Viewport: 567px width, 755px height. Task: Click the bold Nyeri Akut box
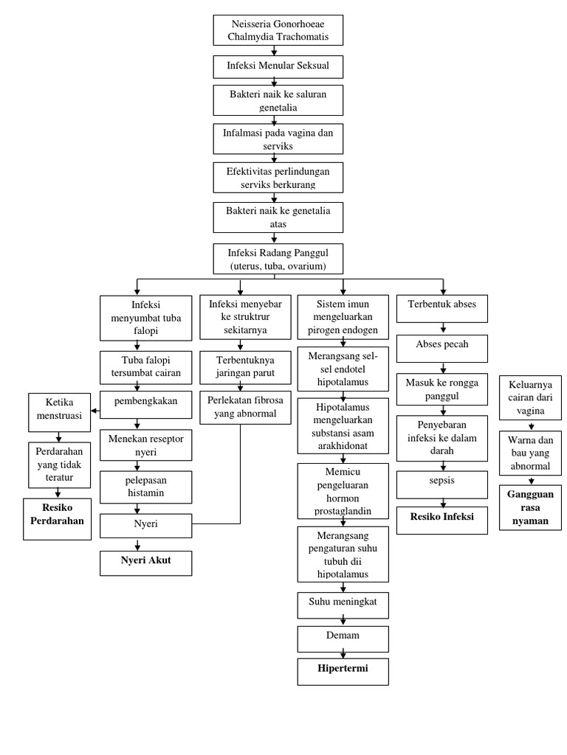point(145,563)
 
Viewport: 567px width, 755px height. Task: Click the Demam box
point(343,636)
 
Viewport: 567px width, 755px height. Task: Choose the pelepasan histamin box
point(145,487)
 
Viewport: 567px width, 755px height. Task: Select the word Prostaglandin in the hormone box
point(342,512)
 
